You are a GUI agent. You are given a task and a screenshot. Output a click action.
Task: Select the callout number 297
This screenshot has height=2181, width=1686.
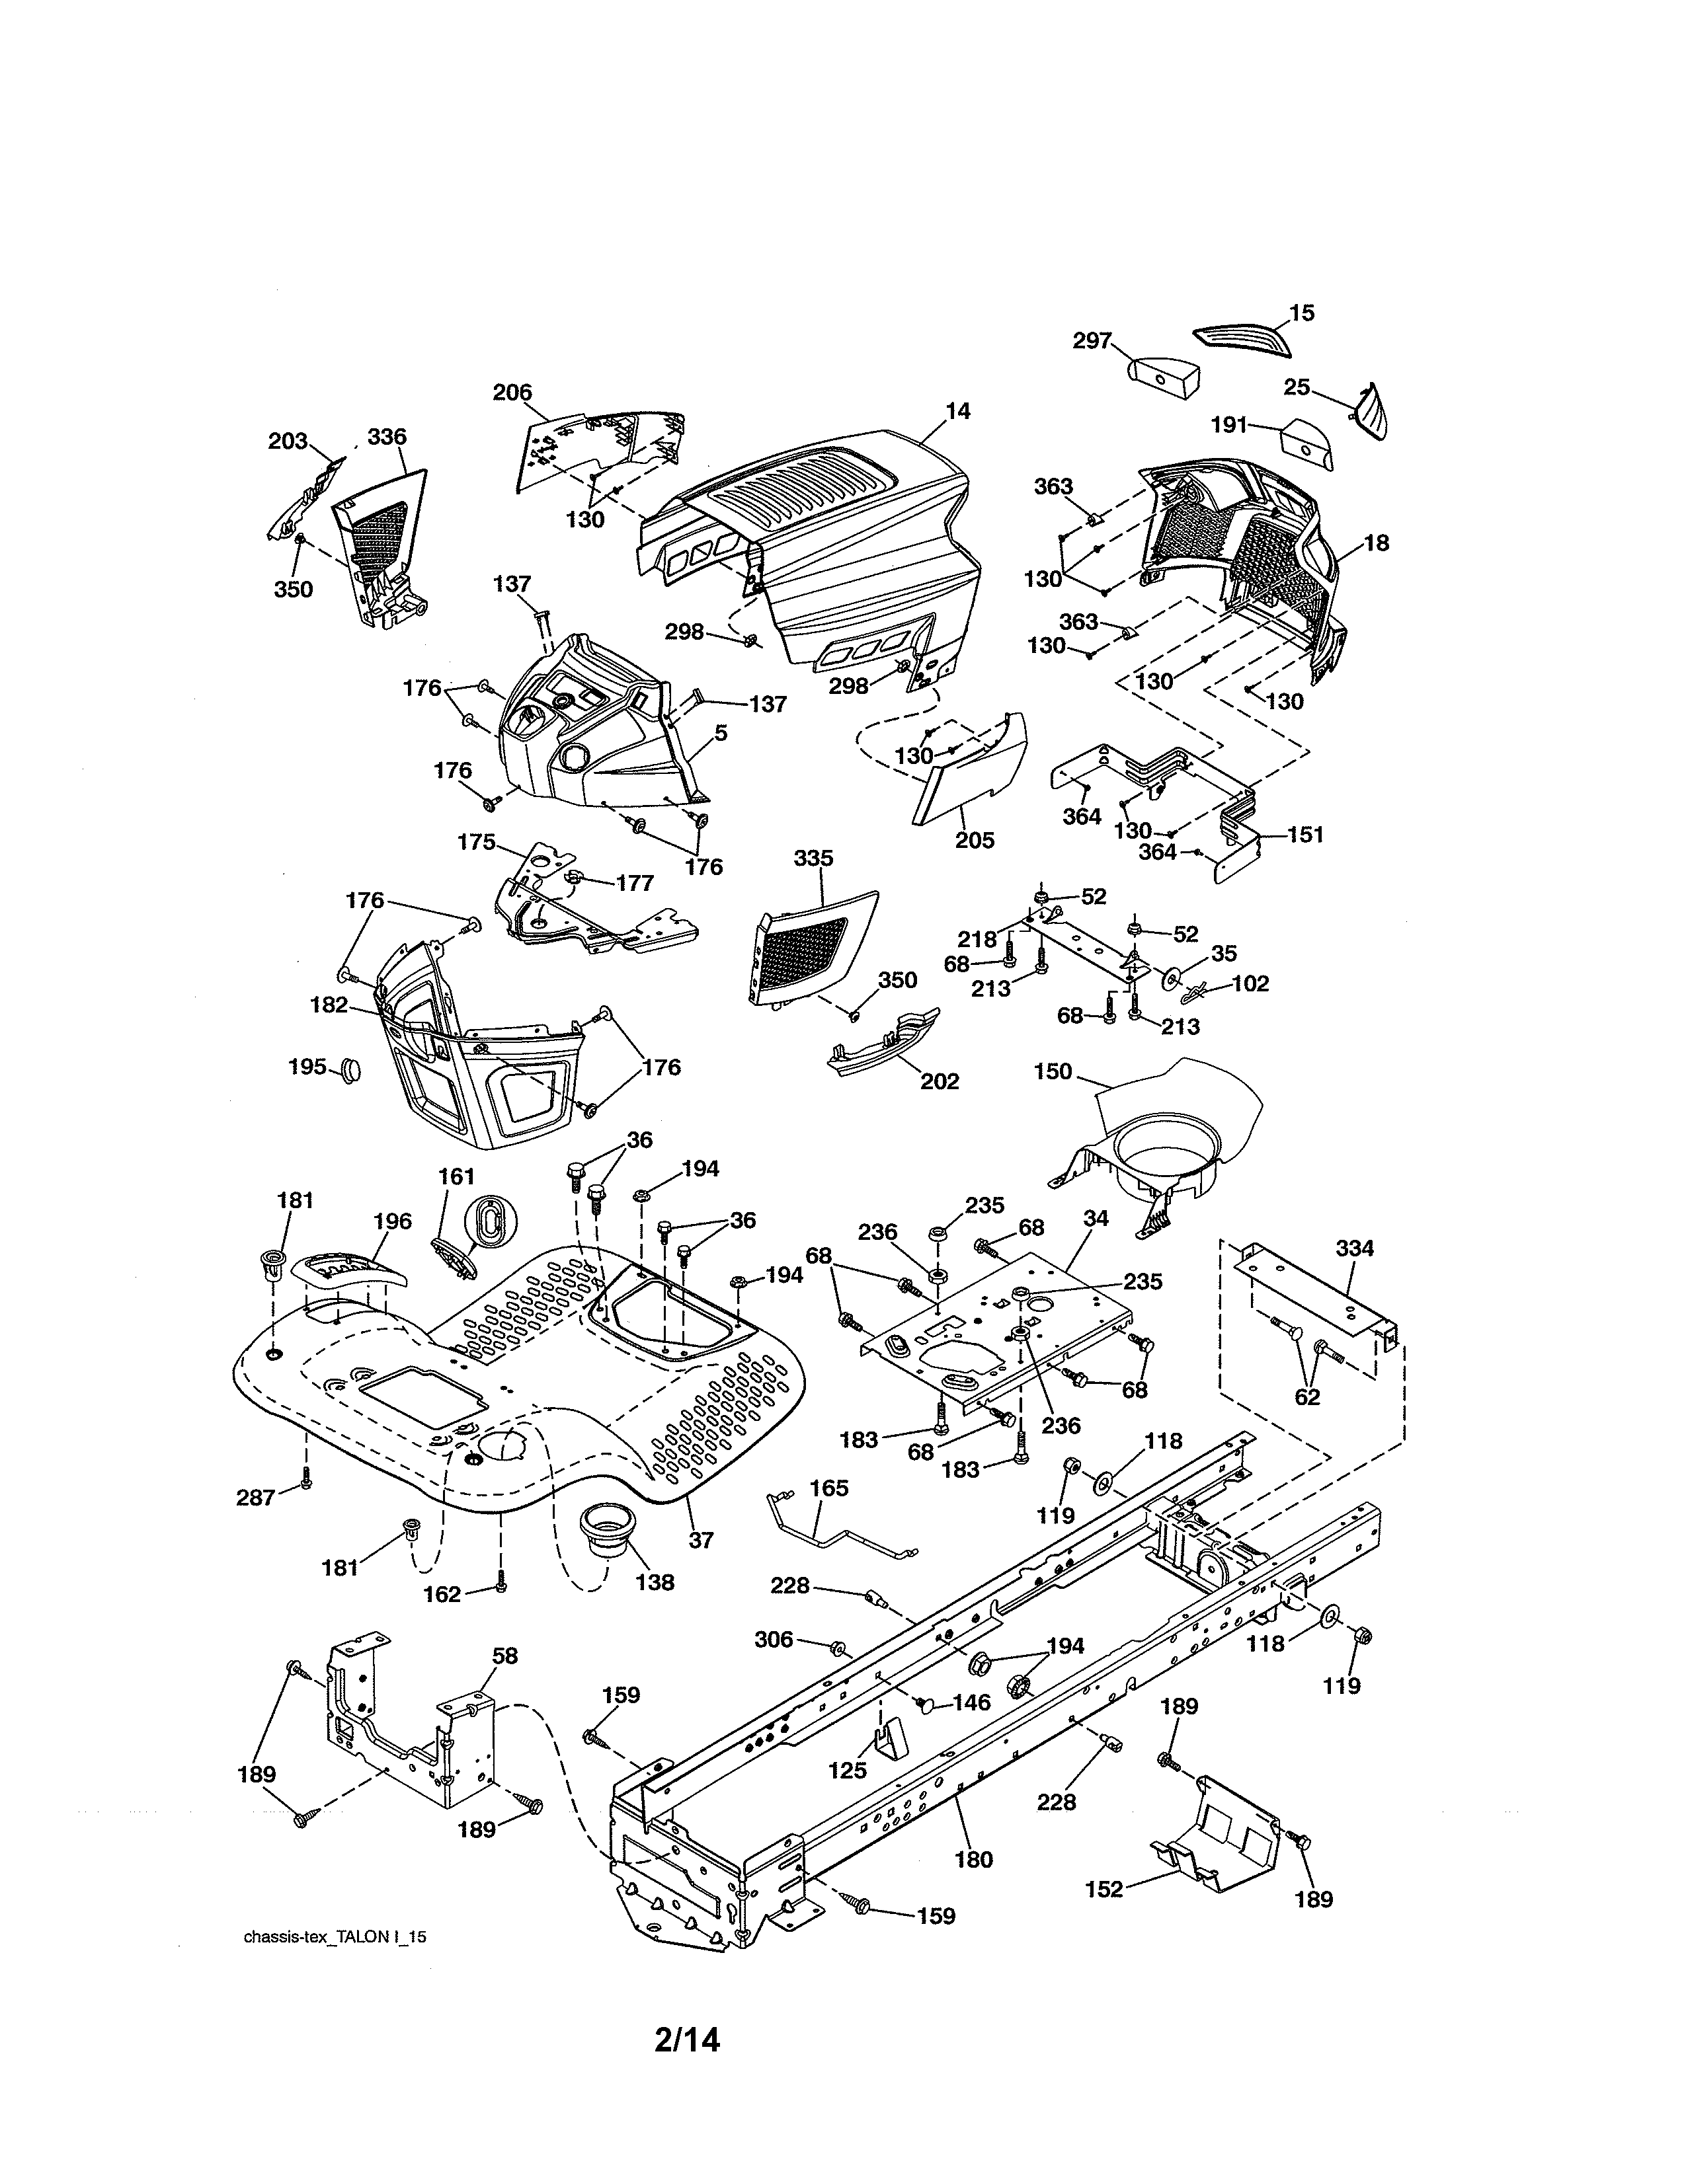pyautogui.click(x=1092, y=340)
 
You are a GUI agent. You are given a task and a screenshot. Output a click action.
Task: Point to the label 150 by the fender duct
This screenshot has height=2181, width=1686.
pyautogui.click(x=1053, y=1071)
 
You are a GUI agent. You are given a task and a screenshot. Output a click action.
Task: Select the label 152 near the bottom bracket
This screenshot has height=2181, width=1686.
pyautogui.click(x=1104, y=1888)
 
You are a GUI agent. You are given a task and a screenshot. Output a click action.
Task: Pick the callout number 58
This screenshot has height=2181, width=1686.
pyautogui.click(x=505, y=1655)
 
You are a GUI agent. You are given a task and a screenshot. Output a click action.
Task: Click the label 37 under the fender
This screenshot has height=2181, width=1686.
pyautogui.click(x=700, y=1540)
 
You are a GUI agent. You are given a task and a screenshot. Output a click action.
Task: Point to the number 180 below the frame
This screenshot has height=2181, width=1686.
pyautogui.click(x=974, y=1858)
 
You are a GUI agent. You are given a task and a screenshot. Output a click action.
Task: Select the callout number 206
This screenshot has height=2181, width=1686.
pyautogui.click(x=512, y=393)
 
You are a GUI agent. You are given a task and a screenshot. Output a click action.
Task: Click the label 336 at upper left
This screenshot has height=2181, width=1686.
pyautogui.click(x=387, y=436)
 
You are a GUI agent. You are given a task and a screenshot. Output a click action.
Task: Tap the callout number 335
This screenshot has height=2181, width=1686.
pyautogui.click(x=813, y=858)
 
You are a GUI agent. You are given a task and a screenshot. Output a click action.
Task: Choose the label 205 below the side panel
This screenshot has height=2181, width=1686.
pyautogui.click(x=974, y=840)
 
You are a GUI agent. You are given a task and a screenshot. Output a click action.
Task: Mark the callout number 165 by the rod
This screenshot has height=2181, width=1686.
pyautogui.click(x=828, y=1516)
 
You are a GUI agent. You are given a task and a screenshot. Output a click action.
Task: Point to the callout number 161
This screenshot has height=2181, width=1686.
pyautogui.click(x=456, y=1176)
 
